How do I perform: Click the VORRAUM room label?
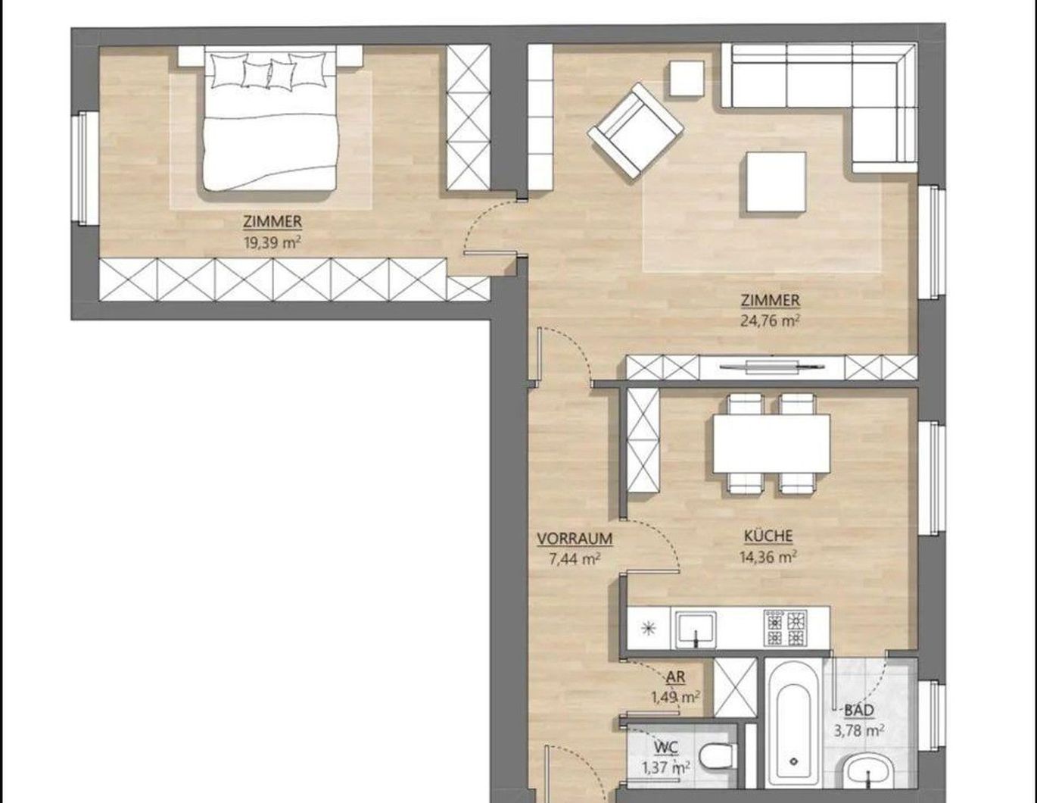(x=575, y=539)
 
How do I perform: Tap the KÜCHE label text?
(x=768, y=536)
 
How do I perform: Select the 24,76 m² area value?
(x=770, y=320)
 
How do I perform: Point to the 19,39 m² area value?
(x=272, y=242)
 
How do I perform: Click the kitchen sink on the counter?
(x=696, y=630)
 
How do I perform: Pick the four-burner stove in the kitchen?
(x=786, y=628)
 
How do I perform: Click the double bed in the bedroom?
(x=270, y=120)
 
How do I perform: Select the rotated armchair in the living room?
(x=635, y=131)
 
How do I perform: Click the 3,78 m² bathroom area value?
(x=859, y=730)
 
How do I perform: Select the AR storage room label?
(x=675, y=677)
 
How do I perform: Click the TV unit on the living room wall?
(x=771, y=367)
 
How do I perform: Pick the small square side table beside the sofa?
(x=687, y=79)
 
